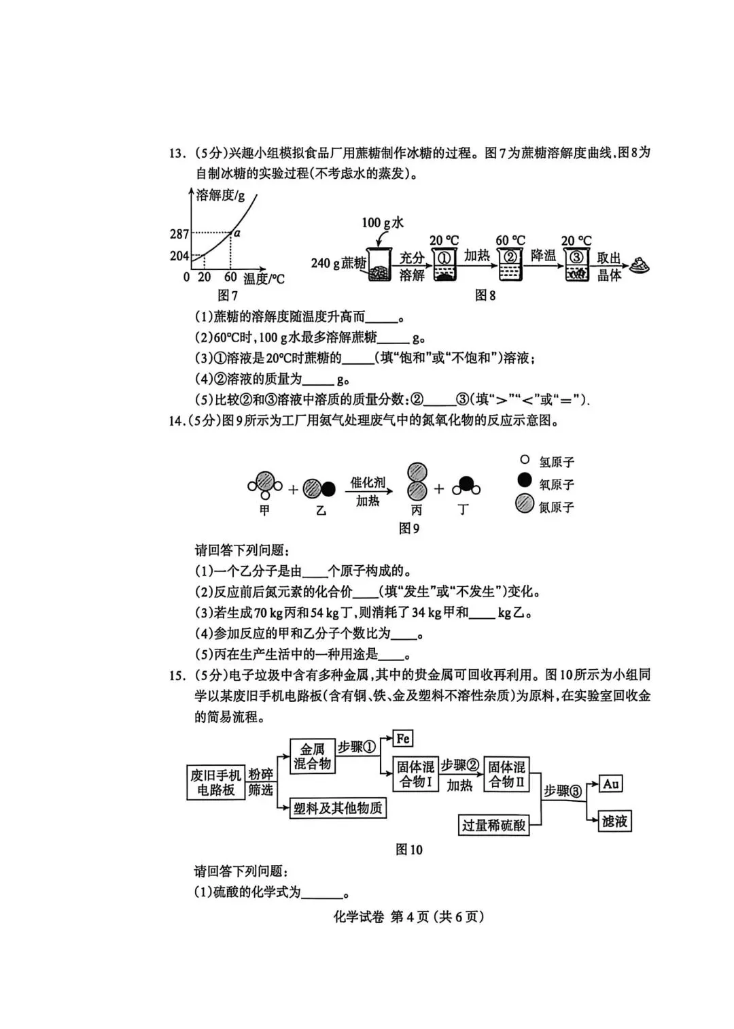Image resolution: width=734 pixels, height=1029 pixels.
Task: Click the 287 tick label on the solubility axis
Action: pos(179,234)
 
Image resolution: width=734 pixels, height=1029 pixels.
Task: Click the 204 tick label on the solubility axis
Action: pos(179,256)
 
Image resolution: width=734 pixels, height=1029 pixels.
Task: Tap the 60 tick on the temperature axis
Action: pos(230,277)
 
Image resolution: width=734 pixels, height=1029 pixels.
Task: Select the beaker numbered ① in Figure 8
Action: pos(443,265)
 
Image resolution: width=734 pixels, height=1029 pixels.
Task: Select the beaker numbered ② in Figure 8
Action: pos(509,265)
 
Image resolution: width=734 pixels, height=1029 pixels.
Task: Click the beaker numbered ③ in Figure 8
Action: pos(576,265)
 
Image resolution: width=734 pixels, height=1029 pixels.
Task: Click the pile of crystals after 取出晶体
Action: pos(639,265)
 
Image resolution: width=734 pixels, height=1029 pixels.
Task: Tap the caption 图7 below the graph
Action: pos(227,295)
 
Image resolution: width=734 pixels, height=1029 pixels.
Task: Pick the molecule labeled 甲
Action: pos(264,484)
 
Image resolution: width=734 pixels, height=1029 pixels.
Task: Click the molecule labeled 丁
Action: pos(466,486)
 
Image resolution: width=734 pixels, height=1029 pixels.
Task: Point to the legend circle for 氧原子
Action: pos(524,481)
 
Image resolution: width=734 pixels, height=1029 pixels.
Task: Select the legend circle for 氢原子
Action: pos(524,460)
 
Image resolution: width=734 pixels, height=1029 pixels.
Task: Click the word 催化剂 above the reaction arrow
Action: pos(368,482)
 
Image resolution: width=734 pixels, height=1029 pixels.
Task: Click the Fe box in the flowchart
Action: pos(403,739)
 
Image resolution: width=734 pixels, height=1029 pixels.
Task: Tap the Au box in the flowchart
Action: pos(611,783)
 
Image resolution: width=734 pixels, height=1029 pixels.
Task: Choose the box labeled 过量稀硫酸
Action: pos(493,825)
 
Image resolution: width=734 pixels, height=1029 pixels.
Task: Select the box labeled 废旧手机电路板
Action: pos(215,782)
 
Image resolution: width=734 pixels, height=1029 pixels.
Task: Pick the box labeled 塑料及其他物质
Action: pos(338,808)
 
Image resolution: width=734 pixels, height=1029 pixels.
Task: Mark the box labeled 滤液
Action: pos(614,821)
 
